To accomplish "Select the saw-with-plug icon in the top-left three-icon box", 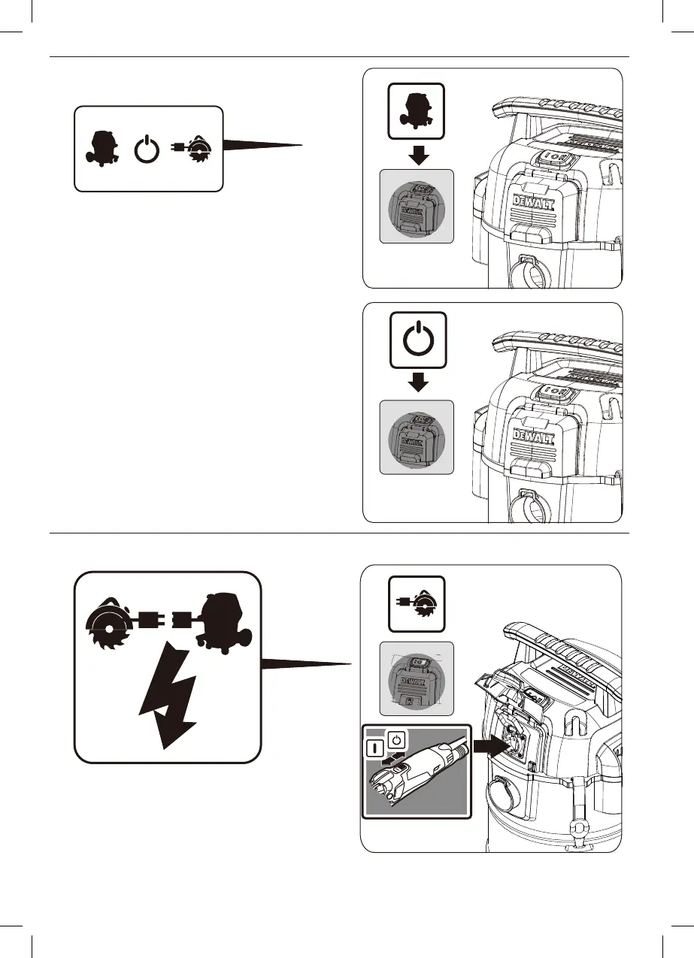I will pos(195,150).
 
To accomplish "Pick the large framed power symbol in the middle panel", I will pos(417,340).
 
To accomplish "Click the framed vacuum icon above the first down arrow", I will pos(417,110).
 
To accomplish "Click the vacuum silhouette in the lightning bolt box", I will pos(221,618).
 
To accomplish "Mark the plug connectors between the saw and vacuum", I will pos(167,621).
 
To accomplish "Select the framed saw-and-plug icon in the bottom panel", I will pos(417,604).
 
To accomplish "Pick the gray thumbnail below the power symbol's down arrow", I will pos(417,437).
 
